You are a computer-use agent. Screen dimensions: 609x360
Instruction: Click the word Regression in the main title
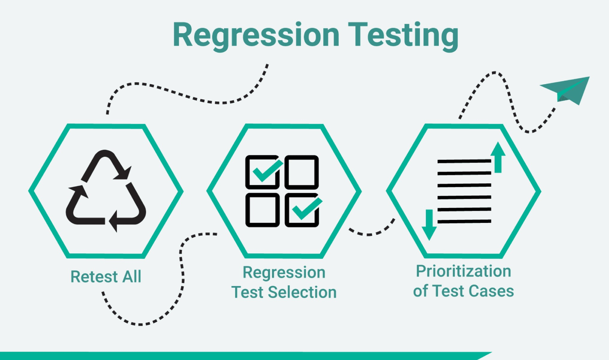pos(256,36)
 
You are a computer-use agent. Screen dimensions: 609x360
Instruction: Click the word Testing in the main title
pos(403,36)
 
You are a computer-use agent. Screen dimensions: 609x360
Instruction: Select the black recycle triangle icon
pos(106,191)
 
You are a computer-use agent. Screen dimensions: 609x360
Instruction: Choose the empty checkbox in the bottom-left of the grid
pos(262,210)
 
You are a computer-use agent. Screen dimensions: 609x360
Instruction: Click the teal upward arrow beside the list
pos(498,157)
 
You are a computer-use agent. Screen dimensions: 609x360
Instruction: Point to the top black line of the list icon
pos(464,161)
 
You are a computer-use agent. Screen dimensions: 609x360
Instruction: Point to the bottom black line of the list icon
pos(464,221)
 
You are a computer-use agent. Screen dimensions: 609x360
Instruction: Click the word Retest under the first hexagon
pos(94,277)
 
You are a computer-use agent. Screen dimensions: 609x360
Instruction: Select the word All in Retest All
pos(132,277)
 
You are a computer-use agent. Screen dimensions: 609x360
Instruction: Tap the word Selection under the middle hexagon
pos(302,292)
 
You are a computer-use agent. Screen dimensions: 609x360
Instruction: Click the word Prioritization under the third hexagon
pos(464,271)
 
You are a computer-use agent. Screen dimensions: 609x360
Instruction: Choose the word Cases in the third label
pos(491,291)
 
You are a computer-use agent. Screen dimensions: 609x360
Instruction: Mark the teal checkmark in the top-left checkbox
pos(267,171)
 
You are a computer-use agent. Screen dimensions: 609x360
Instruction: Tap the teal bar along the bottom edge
pos(244,356)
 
